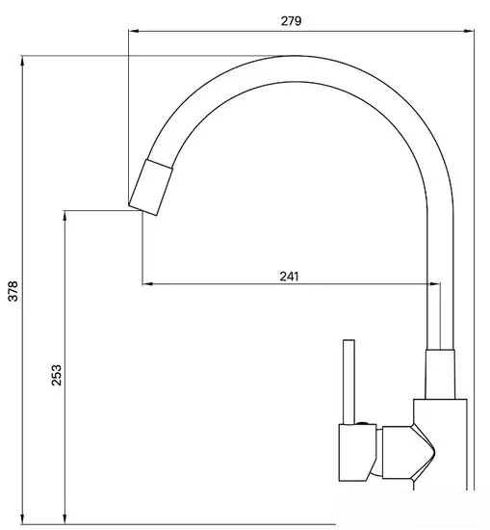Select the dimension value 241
click(289, 276)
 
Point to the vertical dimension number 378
click(13, 293)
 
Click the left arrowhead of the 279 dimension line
click(133, 32)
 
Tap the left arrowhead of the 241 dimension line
click(146, 283)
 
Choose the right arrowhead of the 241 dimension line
click(426, 283)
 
